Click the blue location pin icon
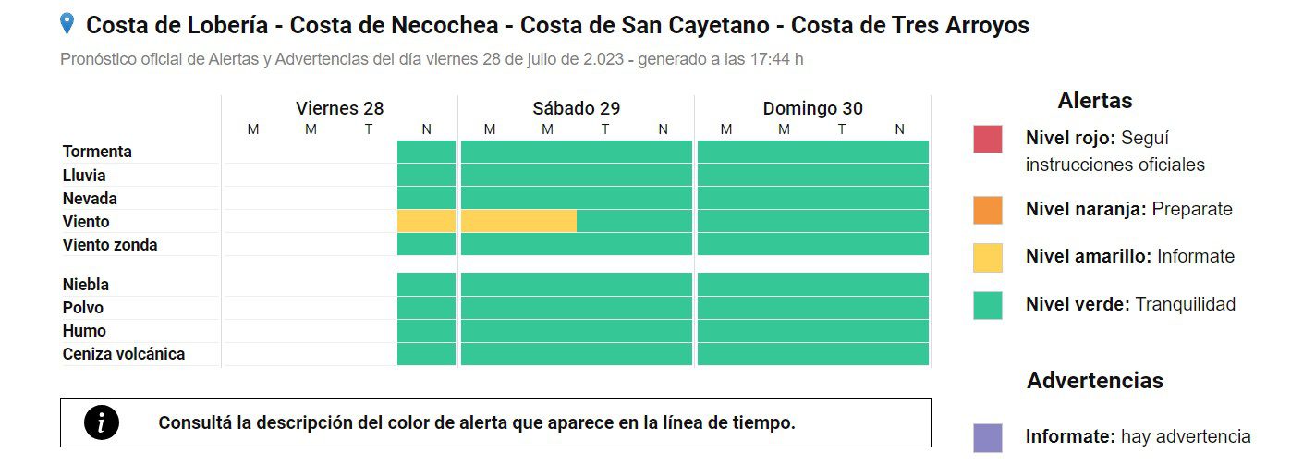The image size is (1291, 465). (x=67, y=24)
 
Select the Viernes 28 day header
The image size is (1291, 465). (x=339, y=108)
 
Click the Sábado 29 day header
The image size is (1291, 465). (x=576, y=108)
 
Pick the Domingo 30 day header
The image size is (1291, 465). (x=812, y=108)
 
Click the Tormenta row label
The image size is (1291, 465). (x=97, y=152)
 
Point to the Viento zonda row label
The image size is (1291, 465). (x=110, y=245)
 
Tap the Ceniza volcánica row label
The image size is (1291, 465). (x=124, y=354)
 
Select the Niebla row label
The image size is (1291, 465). (x=86, y=285)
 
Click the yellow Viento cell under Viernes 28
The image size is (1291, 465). (x=426, y=222)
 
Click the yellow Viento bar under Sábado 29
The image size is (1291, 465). (x=518, y=222)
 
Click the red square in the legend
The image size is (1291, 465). (x=987, y=139)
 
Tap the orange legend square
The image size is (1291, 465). (x=987, y=210)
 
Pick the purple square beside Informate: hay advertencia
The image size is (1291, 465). (x=987, y=437)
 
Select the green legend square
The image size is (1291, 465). (x=987, y=305)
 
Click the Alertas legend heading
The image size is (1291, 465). (x=1094, y=101)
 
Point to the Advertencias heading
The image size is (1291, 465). (x=1094, y=381)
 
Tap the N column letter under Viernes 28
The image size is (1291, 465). (x=426, y=129)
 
